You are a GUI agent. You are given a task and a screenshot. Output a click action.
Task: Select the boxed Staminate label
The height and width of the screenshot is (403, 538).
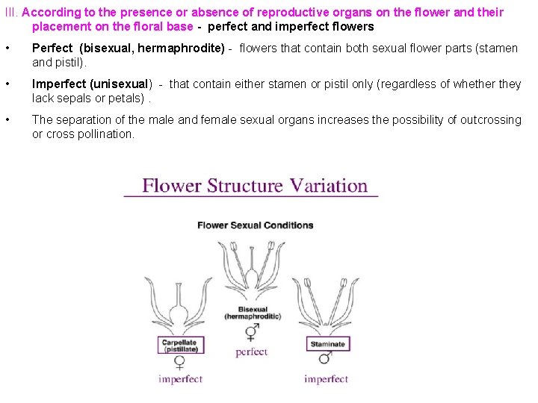click(x=327, y=344)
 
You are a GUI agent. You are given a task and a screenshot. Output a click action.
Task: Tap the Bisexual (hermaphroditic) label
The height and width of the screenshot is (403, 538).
click(x=253, y=313)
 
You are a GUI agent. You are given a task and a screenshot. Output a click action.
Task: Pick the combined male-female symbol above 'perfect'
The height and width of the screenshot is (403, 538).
click(x=253, y=331)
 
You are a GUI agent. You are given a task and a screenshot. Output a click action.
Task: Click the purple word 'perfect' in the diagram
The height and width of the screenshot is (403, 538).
click(x=251, y=352)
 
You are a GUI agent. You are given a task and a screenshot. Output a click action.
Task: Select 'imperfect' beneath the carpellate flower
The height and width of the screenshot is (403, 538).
click(x=180, y=379)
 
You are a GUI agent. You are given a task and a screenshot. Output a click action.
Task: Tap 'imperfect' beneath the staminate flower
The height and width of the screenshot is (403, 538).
click(x=326, y=379)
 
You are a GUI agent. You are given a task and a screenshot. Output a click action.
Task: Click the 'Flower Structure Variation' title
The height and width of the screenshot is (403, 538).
click(x=255, y=185)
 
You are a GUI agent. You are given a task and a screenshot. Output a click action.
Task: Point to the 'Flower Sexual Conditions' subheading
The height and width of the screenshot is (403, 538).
click(x=256, y=225)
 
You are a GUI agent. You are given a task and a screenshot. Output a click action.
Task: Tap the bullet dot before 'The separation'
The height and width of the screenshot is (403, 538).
click(x=7, y=119)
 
